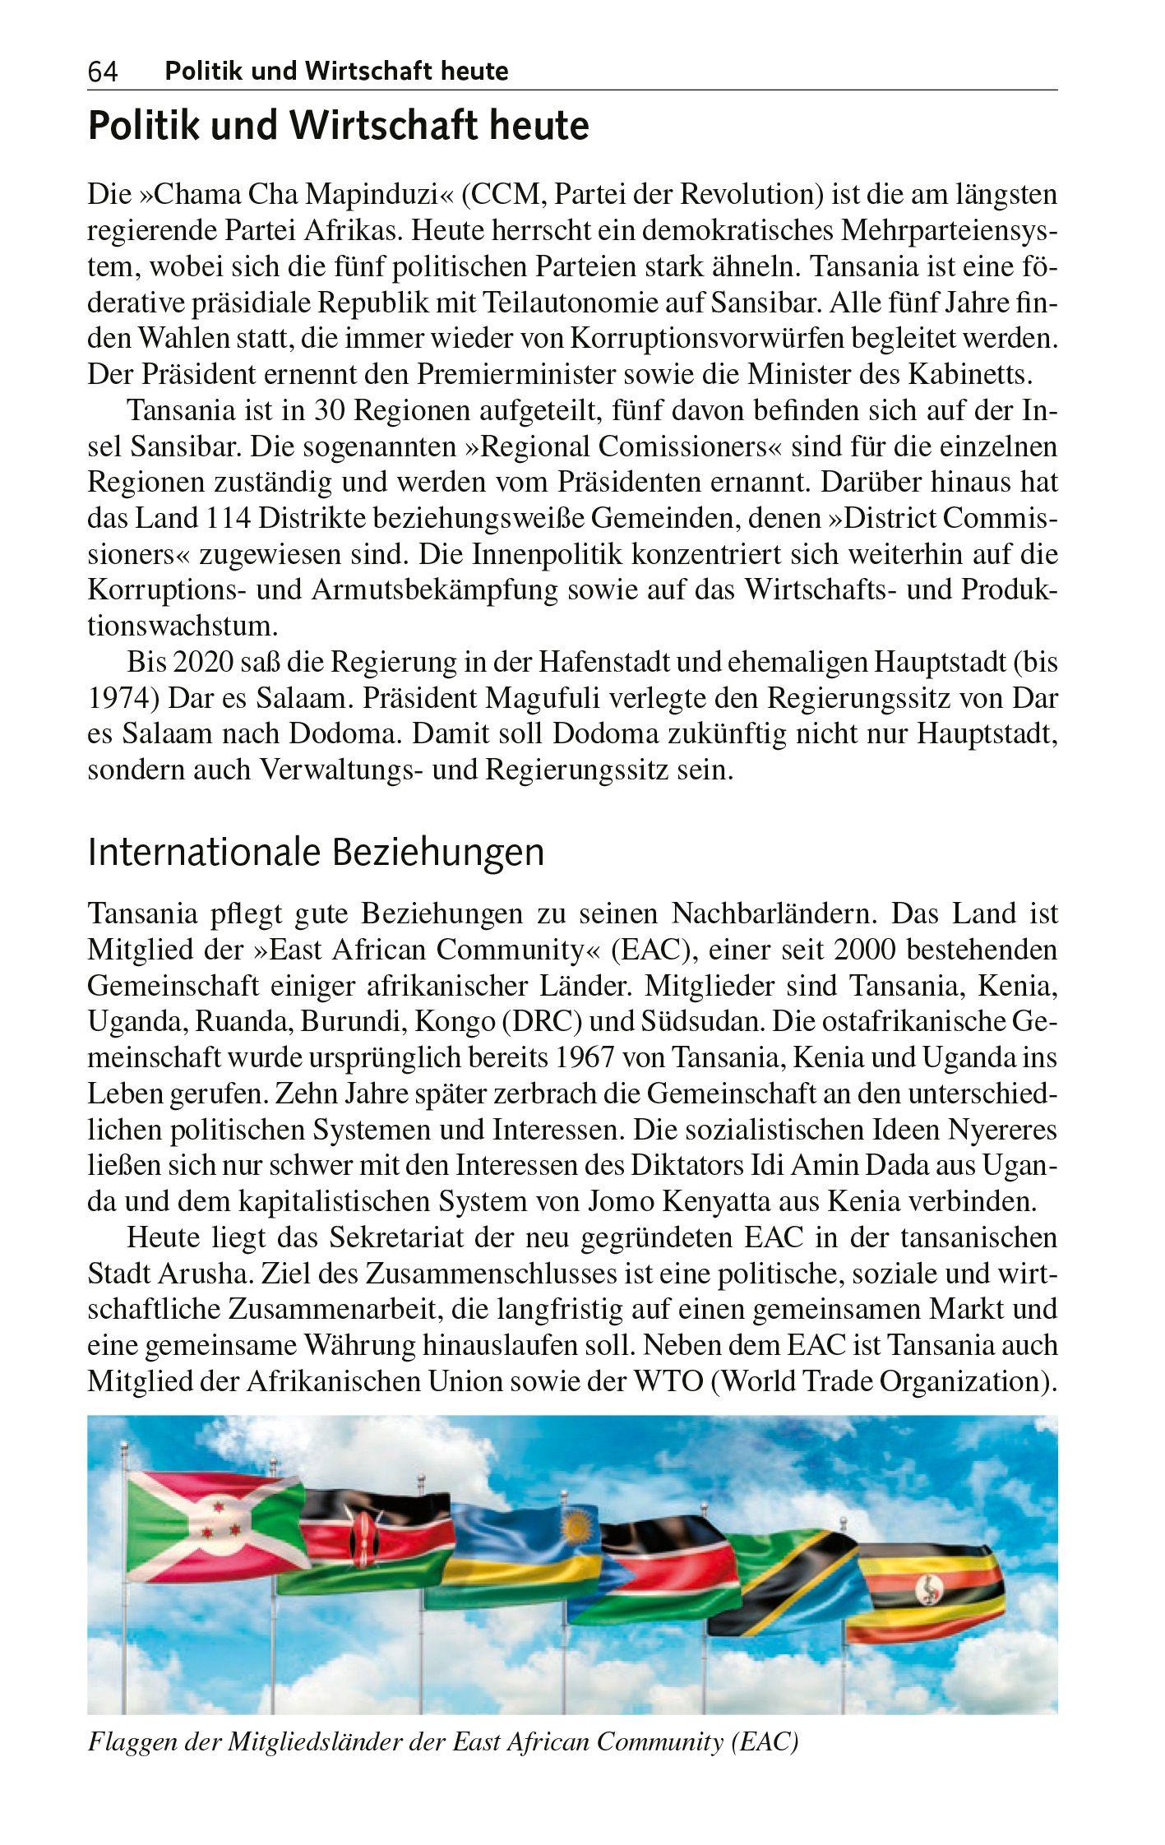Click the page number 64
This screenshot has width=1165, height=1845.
pos(103,72)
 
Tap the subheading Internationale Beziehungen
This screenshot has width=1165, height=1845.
pos(316,853)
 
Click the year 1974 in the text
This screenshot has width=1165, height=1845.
pos(119,699)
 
